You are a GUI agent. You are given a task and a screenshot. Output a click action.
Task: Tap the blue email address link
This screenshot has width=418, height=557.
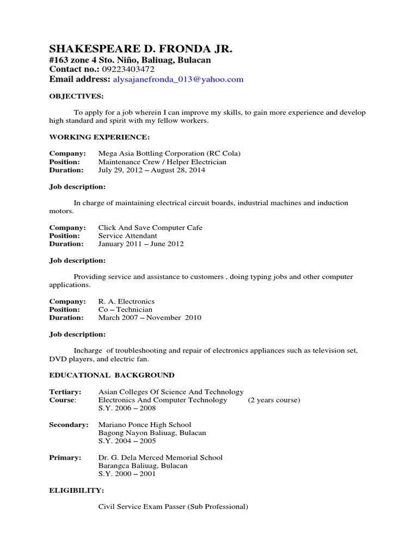click(x=178, y=79)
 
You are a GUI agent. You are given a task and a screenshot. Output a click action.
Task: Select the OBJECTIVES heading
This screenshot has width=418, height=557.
click(x=76, y=96)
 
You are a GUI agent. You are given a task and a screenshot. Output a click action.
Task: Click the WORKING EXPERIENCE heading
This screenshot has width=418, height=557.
click(x=100, y=137)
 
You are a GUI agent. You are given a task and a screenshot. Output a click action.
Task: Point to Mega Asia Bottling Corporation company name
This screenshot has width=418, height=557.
click(x=169, y=153)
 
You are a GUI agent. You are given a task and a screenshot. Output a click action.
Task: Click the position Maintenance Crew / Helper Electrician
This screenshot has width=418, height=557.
click(x=162, y=162)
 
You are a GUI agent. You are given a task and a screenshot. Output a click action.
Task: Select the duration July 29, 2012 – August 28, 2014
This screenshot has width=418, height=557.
click(x=152, y=170)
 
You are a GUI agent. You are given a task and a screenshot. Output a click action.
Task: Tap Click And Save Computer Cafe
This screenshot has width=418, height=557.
click(x=150, y=227)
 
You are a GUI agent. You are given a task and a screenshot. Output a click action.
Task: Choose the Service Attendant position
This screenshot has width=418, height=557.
click(x=127, y=236)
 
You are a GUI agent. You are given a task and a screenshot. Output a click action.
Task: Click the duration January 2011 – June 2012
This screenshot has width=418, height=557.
click(x=141, y=244)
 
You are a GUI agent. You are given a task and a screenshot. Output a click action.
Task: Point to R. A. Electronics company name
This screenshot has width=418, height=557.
click(x=126, y=301)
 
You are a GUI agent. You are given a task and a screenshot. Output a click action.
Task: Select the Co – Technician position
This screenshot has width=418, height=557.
click(x=125, y=310)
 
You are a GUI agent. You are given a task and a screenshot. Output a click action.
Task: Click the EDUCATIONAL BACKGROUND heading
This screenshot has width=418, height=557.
click(x=112, y=375)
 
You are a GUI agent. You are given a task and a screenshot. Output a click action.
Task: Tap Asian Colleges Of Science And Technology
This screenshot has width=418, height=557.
click(x=171, y=392)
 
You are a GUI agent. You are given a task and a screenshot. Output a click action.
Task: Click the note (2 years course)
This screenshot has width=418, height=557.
click(x=274, y=400)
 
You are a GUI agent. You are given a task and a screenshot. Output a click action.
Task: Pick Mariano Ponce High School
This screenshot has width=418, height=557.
click(x=145, y=424)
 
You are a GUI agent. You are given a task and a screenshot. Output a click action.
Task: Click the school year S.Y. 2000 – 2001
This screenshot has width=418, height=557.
click(x=127, y=474)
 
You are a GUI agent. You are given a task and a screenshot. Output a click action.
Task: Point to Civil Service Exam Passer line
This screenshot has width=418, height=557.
click(x=173, y=506)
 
